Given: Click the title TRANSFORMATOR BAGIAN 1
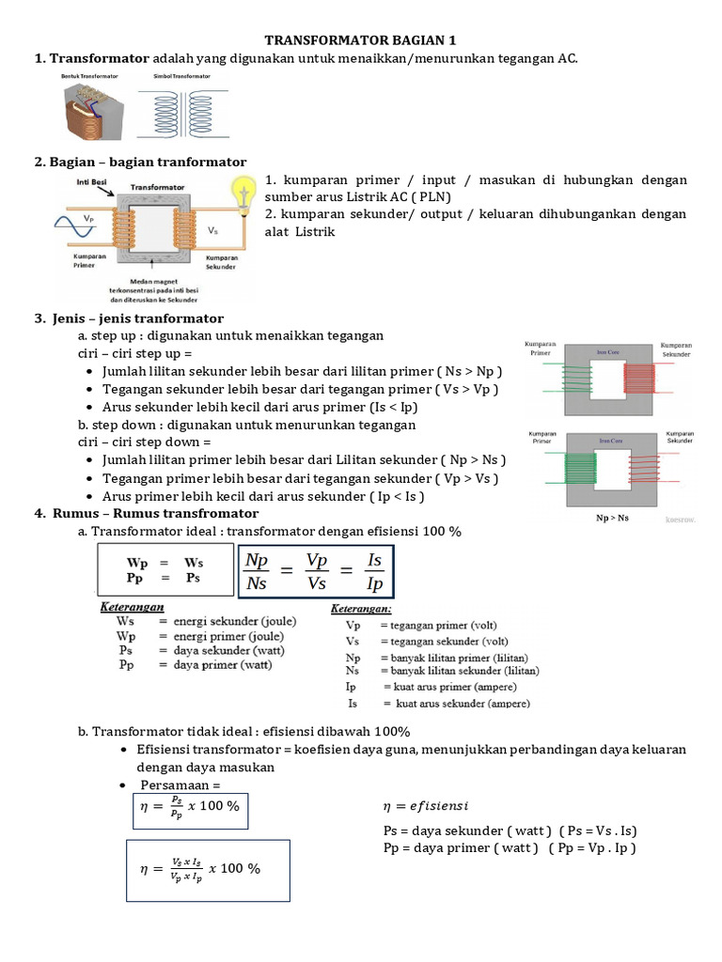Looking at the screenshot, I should click(361, 40).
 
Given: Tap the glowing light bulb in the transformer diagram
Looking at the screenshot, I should click(244, 194).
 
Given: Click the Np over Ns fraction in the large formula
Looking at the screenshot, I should click(256, 571).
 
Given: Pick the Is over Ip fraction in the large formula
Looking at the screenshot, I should click(374, 571).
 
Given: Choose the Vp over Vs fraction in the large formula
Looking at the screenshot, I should click(317, 571).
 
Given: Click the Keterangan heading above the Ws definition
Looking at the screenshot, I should click(133, 608).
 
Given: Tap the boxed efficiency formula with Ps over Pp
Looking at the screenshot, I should click(189, 807).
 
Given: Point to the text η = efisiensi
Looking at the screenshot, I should click(425, 806).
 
